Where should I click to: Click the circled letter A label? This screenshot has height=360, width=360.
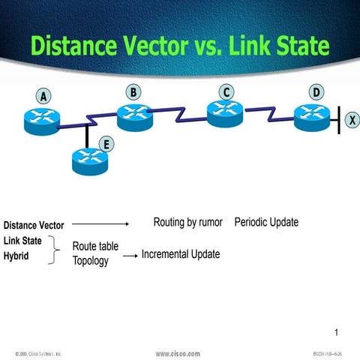pyautogui.click(x=44, y=97)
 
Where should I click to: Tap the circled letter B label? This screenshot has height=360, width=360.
pyautogui.click(x=133, y=92)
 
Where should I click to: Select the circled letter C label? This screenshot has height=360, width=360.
pyautogui.click(x=225, y=92)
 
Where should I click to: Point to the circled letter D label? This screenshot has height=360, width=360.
pyautogui.click(x=316, y=92)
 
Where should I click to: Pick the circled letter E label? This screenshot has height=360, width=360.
pyautogui.click(x=107, y=145)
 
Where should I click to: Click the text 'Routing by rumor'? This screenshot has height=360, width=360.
pyautogui.click(x=188, y=223)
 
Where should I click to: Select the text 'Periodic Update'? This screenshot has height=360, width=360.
pyautogui.click(x=266, y=223)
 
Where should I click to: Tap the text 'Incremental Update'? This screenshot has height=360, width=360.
pyautogui.click(x=181, y=254)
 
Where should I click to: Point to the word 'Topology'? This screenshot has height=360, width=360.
pyautogui.click(x=91, y=261)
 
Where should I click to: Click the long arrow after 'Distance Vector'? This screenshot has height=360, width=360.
pyautogui.click(x=100, y=223)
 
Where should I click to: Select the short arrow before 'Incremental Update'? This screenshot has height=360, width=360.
pyautogui.click(x=130, y=256)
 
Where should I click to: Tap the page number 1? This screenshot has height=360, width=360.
pyautogui.click(x=337, y=332)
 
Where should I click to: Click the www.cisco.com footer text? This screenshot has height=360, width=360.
pyautogui.click(x=178, y=353)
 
